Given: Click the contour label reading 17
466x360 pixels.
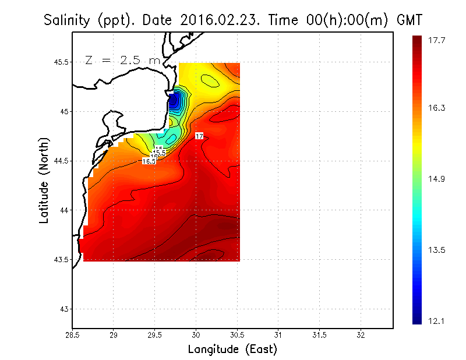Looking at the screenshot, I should pyautogui.click(x=199, y=136).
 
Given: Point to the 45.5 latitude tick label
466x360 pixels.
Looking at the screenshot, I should pyautogui.click(x=59, y=62).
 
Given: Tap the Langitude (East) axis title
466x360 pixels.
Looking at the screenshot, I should pyautogui.click(x=232, y=350).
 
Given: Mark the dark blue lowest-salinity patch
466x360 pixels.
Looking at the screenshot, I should pyautogui.click(x=174, y=103).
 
